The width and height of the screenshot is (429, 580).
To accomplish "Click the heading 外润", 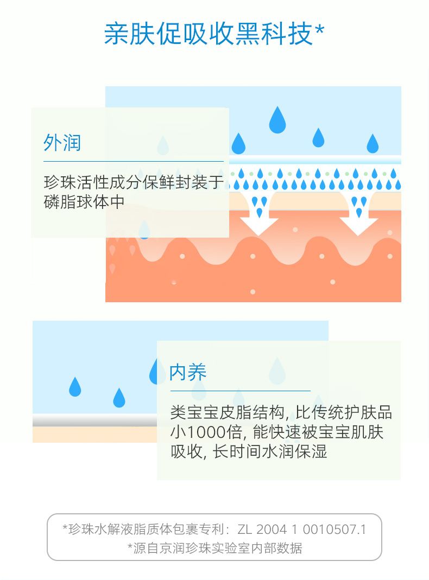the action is click(62, 143).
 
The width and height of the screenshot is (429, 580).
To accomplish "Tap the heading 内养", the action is click(188, 373).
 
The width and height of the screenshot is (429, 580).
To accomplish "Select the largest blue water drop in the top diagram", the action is click(277, 120).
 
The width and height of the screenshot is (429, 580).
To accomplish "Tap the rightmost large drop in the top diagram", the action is click(372, 144).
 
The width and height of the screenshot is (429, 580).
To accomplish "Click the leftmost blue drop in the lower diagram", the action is click(75, 387).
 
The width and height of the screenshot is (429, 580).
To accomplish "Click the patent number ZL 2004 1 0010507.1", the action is click(311, 529).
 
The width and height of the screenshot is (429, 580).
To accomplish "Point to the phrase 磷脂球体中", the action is click(84, 202).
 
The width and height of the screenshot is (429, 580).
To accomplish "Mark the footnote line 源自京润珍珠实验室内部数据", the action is click(218, 547).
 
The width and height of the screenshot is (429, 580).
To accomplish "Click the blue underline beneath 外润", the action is click(133, 161).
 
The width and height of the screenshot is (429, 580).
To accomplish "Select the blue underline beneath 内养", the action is click(239, 391).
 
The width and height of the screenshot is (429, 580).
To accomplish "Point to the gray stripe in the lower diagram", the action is click(92, 421).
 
